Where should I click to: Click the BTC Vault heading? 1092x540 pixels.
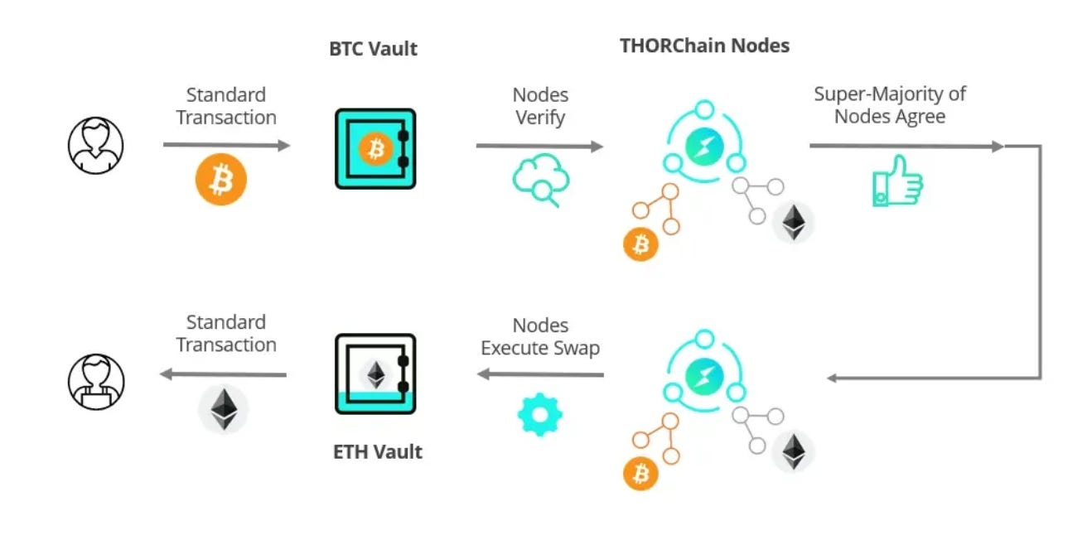coord(374,49)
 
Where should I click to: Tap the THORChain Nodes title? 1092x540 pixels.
coord(704,46)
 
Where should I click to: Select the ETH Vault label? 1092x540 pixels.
coord(378,451)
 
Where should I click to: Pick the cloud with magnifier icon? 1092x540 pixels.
coord(538,181)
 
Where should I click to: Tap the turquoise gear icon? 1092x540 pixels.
coord(539,413)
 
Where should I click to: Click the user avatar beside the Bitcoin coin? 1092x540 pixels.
coord(95,145)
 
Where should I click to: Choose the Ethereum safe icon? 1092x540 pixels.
coord(375,374)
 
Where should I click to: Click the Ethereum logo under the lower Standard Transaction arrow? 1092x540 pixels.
coord(223,408)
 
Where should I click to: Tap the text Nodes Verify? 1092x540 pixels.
coord(540,106)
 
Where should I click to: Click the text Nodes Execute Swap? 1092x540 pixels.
coord(540,336)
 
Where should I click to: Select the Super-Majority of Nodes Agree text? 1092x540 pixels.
coord(890,105)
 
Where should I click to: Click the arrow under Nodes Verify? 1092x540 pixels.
coord(539,147)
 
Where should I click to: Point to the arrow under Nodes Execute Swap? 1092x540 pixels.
coord(540,375)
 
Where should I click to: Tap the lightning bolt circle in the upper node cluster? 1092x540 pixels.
coord(704,147)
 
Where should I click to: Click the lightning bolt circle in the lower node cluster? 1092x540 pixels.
coord(704,376)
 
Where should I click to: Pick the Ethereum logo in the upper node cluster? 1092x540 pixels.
coord(794,222)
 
